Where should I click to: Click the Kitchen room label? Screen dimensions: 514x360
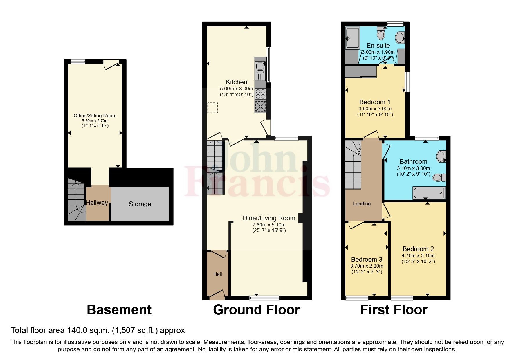pyautogui.click(x=237, y=82)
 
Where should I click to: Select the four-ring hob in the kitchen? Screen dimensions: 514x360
pyautogui.click(x=261, y=93)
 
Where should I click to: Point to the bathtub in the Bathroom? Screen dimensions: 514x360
pyautogui.click(x=429, y=193)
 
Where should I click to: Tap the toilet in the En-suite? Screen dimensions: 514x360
pyautogui.click(x=381, y=33)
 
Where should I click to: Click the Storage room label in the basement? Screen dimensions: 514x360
pyautogui.click(x=140, y=204)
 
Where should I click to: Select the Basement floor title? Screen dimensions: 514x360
pyautogui.click(x=119, y=310)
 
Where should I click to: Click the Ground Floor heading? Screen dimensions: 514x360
pyautogui.click(x=256, y=310)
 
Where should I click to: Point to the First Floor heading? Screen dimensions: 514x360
pyautogui.click(x=394, y=310)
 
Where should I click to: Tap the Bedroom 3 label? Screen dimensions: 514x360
pyautogui.click(x=367, y=259)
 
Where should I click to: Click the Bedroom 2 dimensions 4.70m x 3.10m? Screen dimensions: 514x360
pyautogui.click(x=418, y=256)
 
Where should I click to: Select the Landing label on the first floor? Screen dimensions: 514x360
pyautogui.click(x=362, y=204)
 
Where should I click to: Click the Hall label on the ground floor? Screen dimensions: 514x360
pyautogui.click(x=218, y=274)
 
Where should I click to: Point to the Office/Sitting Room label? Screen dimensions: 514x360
pyautogui.click(x=95, y=116)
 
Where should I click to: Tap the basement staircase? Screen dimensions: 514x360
pyautogui.click(x=76, y=200)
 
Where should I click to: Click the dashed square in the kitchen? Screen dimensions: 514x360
pyautogui.click(x=213, y=108)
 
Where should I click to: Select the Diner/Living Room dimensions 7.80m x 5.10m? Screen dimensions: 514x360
pyautogui.click(x=269, y=225)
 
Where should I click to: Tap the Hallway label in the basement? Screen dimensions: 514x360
pyautogui.click(x=97, y=203)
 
